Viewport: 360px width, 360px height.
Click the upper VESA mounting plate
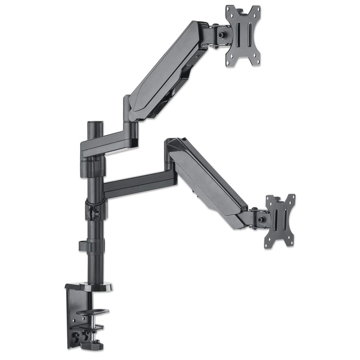tap(243, 35)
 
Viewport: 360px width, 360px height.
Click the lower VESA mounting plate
tap(280, 221)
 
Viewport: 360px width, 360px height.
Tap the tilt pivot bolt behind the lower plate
tap(261, 219)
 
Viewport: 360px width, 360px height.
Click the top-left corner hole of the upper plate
tap(229, 8)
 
